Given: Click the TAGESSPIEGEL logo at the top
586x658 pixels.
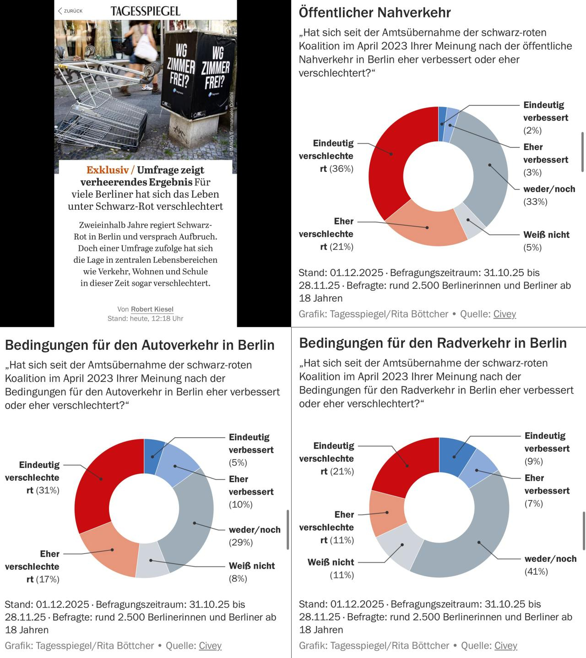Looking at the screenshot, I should (145, 11).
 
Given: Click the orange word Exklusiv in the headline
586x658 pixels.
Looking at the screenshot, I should (108, 170).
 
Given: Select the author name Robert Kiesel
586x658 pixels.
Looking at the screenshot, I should (152, 309).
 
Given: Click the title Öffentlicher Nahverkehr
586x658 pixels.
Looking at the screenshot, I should (374, 12).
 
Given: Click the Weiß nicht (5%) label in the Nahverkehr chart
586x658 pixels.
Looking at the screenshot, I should (546, 241).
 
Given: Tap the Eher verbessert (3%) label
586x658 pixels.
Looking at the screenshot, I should (545, 159).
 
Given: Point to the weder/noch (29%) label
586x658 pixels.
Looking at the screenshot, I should (254, 536).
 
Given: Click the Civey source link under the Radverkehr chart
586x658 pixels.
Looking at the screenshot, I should (505, 645).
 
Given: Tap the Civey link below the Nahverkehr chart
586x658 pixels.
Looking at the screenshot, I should (505, 314).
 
